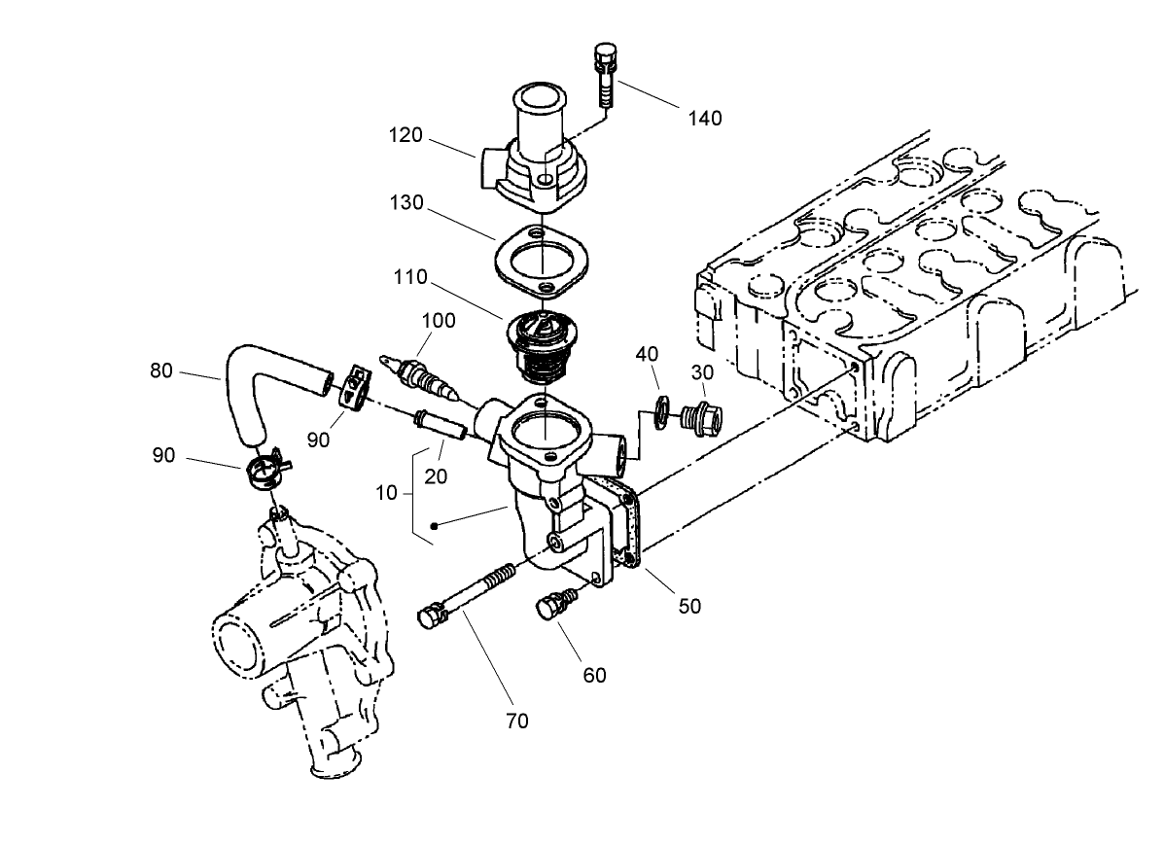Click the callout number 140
pyautogui.click(x=705, y=118)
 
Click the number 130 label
pyautogui.click(x=406, y=202)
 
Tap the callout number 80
pyautogui.click(x=162, y=370)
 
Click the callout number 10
pyautogui.click(x=387, y=492)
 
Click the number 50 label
pyautogui.click(x=689, y=606)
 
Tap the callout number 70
pyautogui.click(x=517, y=721)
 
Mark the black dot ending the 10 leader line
pyautogui.click(x=435, y=526)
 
